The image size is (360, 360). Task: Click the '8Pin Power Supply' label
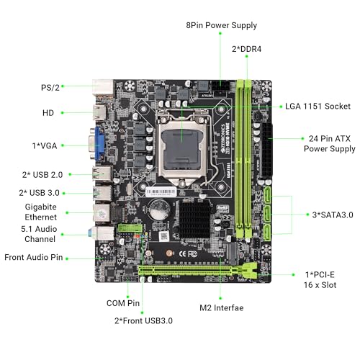(220, 26)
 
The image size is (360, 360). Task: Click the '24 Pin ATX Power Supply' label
(329, 143)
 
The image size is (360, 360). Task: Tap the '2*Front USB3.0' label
(143, 320)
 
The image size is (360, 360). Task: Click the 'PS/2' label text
(50, 86)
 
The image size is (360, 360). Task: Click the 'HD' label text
(49, 113)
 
